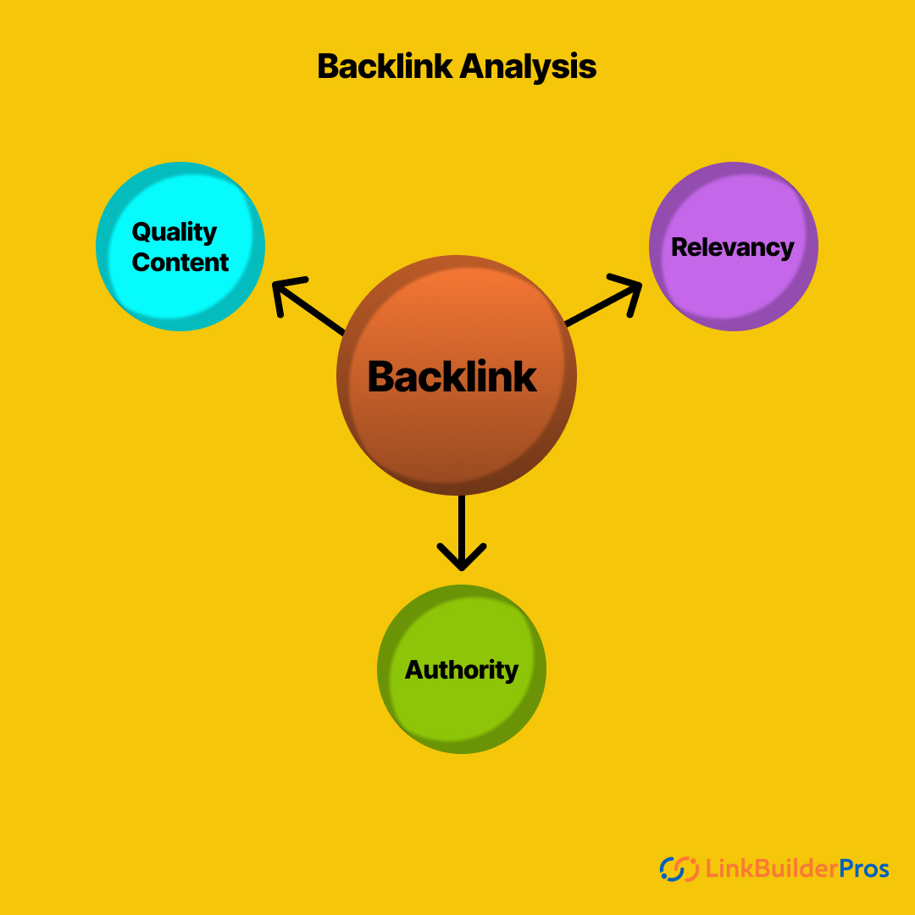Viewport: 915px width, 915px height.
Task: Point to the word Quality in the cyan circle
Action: tap(175, 232)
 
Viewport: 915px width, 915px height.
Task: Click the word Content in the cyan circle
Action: tap(180, 263)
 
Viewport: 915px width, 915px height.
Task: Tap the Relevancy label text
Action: tap(733, 247)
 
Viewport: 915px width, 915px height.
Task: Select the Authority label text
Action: tap(462, 670)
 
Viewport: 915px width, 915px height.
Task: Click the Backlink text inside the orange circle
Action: tap(452, 377)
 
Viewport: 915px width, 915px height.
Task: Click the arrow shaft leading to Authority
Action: tap(462, 521)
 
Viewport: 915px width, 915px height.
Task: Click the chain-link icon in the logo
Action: tap(678, 868)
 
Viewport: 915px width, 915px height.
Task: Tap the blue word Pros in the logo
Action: tap(864, 868)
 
